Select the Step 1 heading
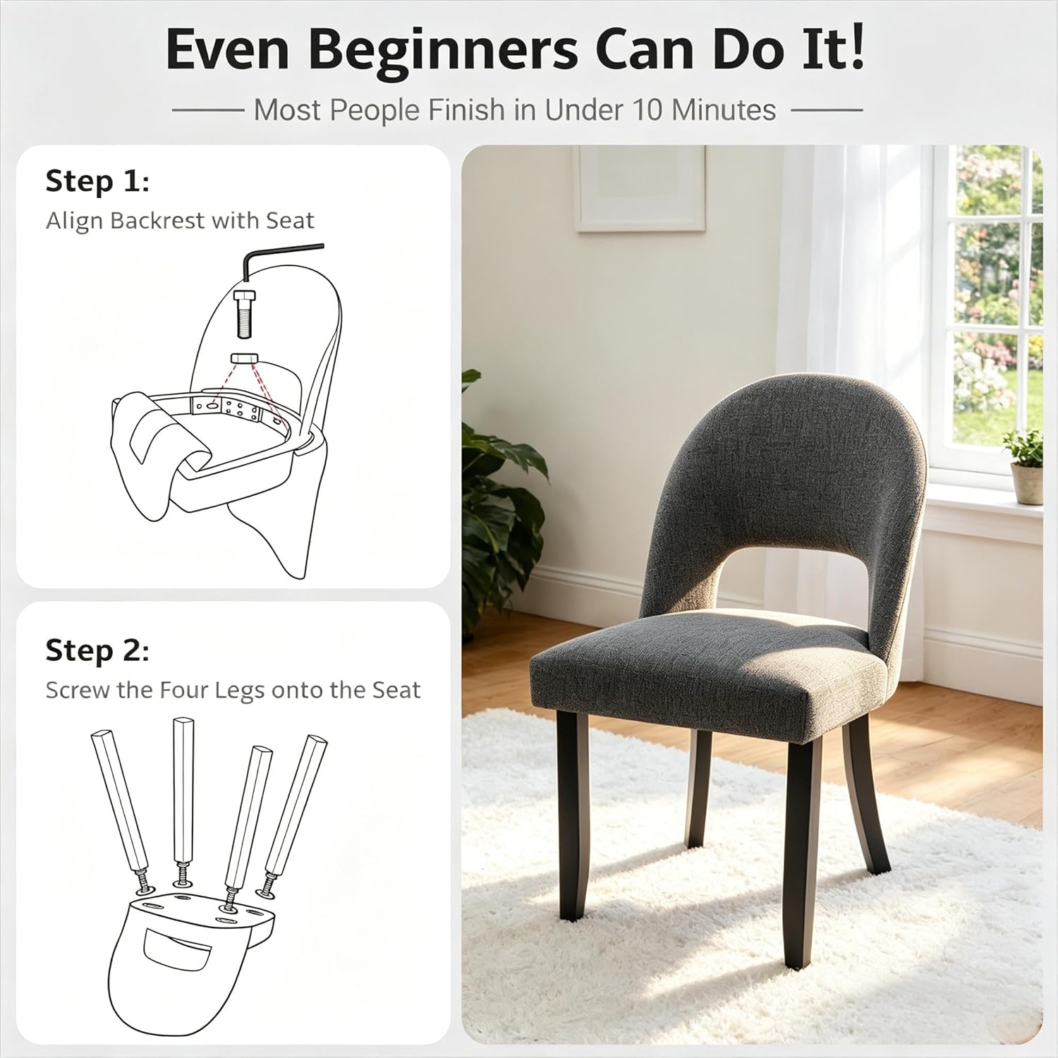(97, 181)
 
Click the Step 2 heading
(97, 650)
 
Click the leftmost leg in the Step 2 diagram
(121, 804)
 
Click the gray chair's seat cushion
(705, 670)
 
